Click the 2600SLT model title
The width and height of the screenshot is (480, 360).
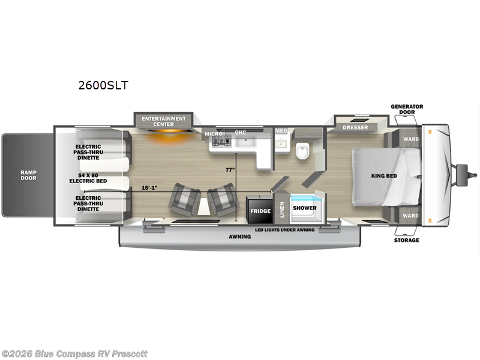coord(103,85)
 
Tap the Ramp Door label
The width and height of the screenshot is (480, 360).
coord(28,175)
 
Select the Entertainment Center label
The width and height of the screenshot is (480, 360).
coord(163,121)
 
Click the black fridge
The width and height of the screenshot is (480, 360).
coord(260,209)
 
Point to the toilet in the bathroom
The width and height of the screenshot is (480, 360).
coord(302,151)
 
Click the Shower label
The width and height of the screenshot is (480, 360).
coord(305,208)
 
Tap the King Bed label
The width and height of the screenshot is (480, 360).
coord(384,176)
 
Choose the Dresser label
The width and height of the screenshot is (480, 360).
coord(355,127)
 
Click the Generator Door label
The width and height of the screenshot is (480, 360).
coord(407,109)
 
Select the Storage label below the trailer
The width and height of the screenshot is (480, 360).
coord(407,241)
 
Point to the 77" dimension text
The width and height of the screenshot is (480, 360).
coord(230,170)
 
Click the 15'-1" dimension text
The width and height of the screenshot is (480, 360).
coord(149,188)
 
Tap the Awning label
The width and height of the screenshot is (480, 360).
coord(239,236)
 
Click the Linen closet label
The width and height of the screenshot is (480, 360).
coord(282,209)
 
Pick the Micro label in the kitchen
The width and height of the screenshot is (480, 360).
coord(214,134)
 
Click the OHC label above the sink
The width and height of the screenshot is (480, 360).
coord(241,132)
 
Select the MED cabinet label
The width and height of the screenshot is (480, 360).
coord(281,131)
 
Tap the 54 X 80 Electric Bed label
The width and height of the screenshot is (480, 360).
coord(88,178)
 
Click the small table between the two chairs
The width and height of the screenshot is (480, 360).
coord(204,206)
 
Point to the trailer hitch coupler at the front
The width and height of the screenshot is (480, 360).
coord(466,175)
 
